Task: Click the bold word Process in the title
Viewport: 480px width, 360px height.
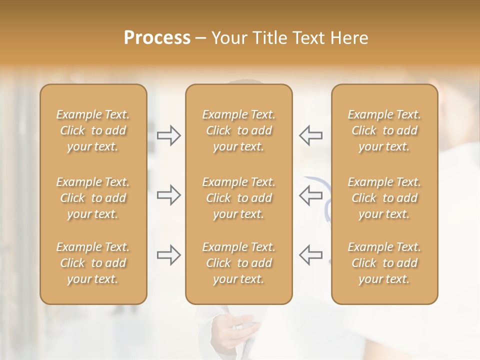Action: (x=157, y=38)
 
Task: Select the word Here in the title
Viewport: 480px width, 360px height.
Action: (x=349, y=38)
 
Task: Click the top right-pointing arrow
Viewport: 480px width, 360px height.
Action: (x=169, y=135)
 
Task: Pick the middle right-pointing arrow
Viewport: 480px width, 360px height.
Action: (x=169, y=195)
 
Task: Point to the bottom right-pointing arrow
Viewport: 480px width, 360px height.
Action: (x=169, y=255)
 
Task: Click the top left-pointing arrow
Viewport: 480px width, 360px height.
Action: (x=310, y=135)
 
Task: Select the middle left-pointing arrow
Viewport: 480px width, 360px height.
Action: (x=310, y=195)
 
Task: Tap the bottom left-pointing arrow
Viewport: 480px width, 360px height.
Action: (x=310, y=255)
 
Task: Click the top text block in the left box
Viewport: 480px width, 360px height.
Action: (x=93, y=130)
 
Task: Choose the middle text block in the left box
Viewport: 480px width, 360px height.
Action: (x=93, y=198)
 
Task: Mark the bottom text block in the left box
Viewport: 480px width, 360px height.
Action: (x=93, y=263)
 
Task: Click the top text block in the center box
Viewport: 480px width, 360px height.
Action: (x=238, y=130)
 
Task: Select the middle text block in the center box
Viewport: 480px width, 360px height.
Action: (x=238, y=198)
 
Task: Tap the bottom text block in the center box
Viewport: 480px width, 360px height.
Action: (x=238, y=263)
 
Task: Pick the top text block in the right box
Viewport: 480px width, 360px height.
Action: (x=384, y=130)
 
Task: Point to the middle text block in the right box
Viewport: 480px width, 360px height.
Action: (x=384, y=198)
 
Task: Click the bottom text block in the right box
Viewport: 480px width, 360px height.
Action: (x=384, y=263)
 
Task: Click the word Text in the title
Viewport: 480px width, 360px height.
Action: (x=308, y=38)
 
